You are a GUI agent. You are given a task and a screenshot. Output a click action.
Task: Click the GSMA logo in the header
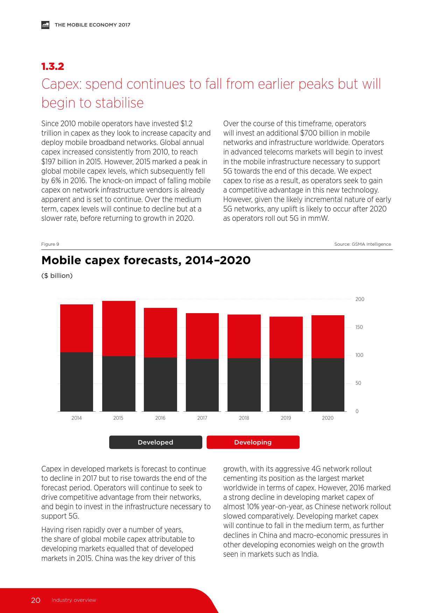(45, 25)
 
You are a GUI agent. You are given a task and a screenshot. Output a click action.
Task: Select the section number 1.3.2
(52, 66)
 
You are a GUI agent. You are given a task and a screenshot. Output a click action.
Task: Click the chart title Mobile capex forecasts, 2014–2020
(146, 260)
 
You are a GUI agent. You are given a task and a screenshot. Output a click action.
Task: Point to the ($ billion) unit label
(57, 276)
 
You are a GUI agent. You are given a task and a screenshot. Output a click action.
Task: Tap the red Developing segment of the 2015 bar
(119, 329)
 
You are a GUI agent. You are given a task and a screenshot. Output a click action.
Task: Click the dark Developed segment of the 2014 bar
(77, 382)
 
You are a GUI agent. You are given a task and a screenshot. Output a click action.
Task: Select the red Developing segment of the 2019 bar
(286, 337)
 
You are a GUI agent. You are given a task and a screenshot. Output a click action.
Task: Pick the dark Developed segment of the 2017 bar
(202, 385)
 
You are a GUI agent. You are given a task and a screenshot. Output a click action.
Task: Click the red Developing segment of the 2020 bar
(328, 337)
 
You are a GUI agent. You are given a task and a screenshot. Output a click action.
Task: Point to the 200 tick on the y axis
(360, 299)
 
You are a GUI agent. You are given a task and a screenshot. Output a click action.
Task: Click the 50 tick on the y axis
(358, 383)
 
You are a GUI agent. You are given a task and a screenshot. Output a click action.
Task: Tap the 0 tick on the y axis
(357, 411)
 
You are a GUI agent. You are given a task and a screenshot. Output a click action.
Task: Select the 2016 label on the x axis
(160, 418)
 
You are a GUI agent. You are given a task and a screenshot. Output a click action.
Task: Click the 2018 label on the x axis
(244, 418)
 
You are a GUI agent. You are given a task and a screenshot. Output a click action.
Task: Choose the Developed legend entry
(155, 442)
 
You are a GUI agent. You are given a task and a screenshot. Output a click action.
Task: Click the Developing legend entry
(253, 442)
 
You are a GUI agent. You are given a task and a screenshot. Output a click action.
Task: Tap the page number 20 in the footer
(36, 600)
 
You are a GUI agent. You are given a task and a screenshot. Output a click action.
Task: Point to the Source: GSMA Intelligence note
(363, 244)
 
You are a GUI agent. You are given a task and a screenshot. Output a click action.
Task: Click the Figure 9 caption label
(50, 244)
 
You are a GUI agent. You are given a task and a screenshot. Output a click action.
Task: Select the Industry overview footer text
(73, 600)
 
